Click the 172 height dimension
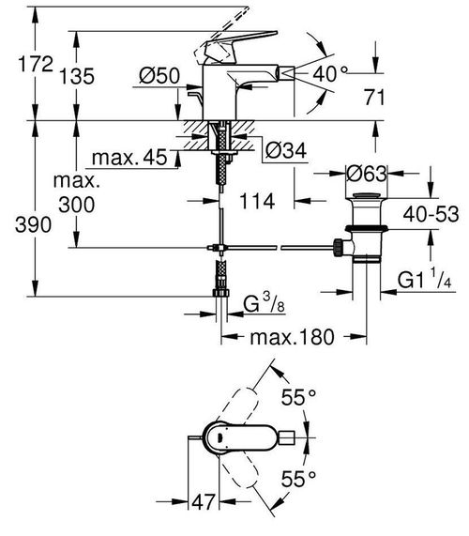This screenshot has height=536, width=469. point(36,64)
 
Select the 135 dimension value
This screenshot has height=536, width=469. point(77,76)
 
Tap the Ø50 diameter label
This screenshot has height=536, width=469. point(159,75)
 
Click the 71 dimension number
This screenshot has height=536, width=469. point(374,97)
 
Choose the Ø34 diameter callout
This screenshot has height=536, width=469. point(286,150)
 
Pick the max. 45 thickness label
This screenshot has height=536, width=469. point(129,158)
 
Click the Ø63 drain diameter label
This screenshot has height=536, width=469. point(367,174)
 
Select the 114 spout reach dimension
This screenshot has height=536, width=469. point(257,201)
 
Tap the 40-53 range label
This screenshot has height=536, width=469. point(431,214)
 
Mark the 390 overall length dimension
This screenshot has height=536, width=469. point(33,225)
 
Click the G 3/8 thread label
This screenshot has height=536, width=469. point(265,303)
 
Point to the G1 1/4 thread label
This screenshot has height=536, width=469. point(425,279)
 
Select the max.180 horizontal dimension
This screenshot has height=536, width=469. point(293,337)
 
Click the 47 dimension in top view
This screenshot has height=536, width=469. point(204,501)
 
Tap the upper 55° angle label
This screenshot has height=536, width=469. point(298,397)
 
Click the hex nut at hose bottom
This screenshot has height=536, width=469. point(221,293)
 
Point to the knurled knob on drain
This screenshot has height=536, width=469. point(339,247)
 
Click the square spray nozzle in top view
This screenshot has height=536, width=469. point(287,437)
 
